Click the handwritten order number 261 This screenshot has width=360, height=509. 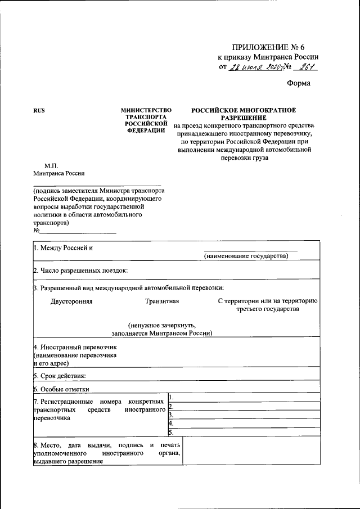[x=306, y=67]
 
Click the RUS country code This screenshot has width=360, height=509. [x=39, y=110]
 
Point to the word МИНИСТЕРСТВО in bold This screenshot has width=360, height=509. [x=146, y=110]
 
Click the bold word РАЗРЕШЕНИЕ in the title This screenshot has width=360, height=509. [x=243, y=118]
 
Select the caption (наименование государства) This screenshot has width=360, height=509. [x=246, y=256]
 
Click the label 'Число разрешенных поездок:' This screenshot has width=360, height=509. [x=80, y=271]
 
